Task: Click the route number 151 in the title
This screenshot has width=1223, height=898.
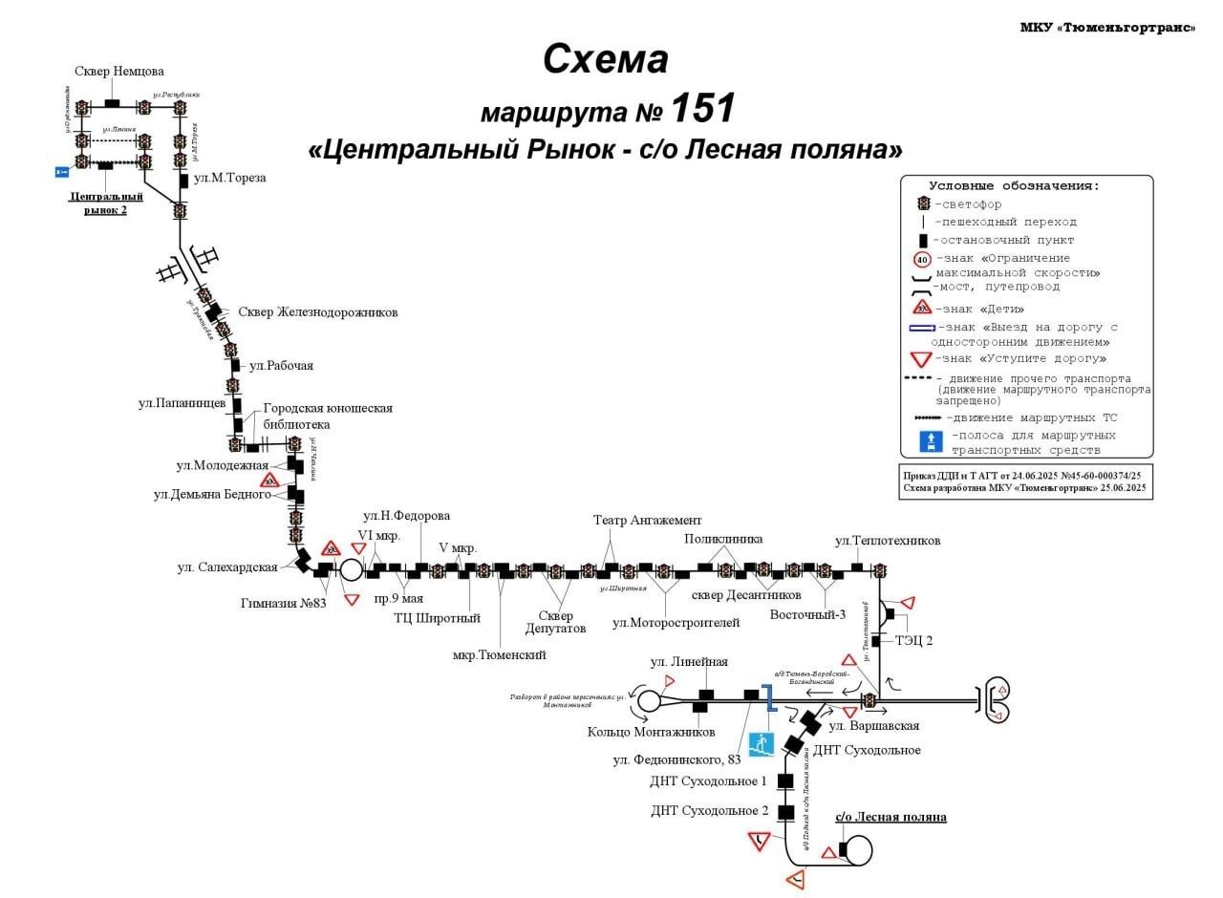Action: [703, 108]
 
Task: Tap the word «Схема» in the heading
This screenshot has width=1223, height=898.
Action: [605, 59]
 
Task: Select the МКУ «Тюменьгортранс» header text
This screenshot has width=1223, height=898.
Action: [1107, 28]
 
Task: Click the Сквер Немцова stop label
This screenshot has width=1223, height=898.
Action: [119, 72]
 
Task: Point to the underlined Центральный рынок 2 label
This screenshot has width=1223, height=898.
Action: [106, 203]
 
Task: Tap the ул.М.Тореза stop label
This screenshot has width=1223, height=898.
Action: [229, 178]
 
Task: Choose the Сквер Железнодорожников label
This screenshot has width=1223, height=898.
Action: [317, 312]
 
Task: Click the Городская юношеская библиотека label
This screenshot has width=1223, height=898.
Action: [327, 416]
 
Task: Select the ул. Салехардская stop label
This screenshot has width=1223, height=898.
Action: [227, 567]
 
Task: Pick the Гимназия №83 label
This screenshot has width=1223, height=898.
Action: [284, 603]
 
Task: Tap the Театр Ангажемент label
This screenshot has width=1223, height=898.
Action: [647, 521]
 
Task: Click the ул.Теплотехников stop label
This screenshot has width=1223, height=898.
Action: [887, 541]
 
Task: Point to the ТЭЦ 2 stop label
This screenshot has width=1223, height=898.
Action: [913, 641]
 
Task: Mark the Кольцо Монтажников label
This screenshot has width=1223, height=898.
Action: [651, 733]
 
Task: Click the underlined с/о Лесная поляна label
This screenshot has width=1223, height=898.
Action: [890, 817]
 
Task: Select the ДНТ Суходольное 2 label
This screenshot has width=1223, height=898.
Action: [709, 811]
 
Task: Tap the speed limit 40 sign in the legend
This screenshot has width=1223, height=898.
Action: [922, 259]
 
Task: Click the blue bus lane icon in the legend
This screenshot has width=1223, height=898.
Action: [931, 441]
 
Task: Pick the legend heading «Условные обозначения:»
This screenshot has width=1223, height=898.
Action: [1014, 186]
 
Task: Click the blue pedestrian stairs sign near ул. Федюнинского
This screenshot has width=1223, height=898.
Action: [761, 744]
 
